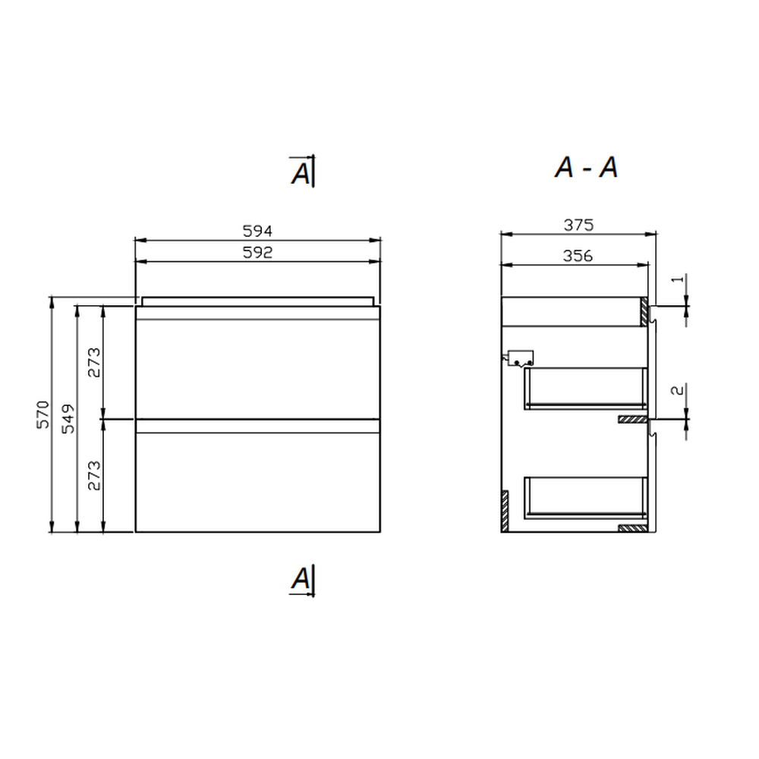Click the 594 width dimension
pos(257,231)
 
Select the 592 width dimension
pos(257,252)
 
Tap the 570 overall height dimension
pos(43,414)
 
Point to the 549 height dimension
pos(69,419)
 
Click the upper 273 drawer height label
pos(94,363)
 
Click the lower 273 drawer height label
pos(94,475)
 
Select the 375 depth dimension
pos(578,225)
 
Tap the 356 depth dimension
pos(578,256)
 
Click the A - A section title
pos(586,168)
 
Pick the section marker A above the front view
pos(301,173)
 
